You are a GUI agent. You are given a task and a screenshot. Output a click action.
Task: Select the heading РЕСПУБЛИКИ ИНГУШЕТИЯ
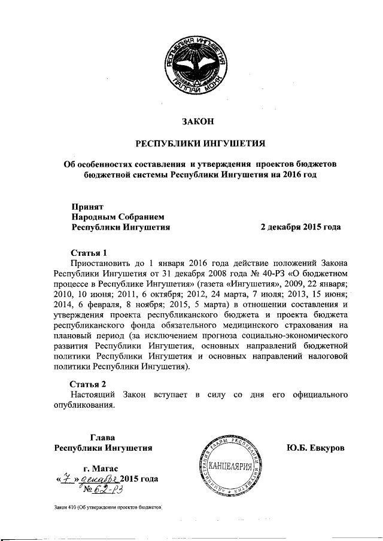(198, 143)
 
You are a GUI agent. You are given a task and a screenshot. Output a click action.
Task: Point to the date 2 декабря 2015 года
(300, 227)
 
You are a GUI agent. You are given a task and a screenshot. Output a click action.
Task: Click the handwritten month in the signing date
(98, 479)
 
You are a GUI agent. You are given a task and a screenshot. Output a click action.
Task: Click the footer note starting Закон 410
(108, 507)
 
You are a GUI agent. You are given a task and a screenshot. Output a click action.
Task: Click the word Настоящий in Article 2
(93, 395)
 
